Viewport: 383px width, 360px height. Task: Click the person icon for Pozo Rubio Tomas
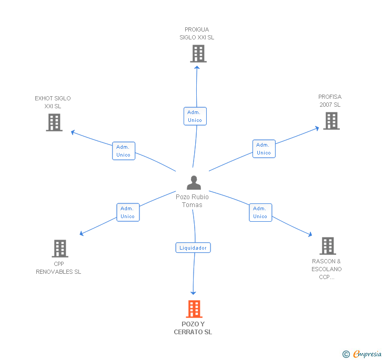(x=194, y=182)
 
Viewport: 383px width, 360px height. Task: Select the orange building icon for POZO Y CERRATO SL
(x=194, y=309)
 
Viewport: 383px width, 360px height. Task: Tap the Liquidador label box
(x=193, y=248)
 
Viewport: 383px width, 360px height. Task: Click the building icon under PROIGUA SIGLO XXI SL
(x=198, y=54)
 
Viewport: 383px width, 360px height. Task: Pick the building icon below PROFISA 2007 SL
(x=331, y=121)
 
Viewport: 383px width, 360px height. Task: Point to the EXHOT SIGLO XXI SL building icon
(x=54, y=122)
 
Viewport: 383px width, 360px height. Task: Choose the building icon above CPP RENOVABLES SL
(x=60, y=249)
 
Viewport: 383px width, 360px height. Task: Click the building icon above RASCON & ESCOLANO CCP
(x=328, y=246)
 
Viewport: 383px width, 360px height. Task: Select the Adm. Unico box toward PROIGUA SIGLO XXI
(x=195, y=116)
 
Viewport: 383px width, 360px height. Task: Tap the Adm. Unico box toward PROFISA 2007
(x=264, y=149)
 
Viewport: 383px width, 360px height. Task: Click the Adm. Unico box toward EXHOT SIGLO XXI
(x=124, y=151)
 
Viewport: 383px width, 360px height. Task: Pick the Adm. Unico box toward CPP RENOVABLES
(x=128, y=212)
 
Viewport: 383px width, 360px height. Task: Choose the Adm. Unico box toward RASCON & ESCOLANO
(x=260, y=212)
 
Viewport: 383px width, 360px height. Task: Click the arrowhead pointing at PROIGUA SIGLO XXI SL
(x=197, y=67)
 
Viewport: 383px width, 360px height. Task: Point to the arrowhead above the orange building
(x=193, y=293)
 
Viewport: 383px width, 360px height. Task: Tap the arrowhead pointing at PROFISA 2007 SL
(x=317, y=128)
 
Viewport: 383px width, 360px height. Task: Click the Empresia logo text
(x=367, y=354)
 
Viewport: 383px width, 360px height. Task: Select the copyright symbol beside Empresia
(x=346, y=354)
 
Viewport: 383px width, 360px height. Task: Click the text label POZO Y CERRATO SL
(x=193, y=328)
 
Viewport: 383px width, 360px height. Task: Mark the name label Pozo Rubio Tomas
(x=192, y=201)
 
